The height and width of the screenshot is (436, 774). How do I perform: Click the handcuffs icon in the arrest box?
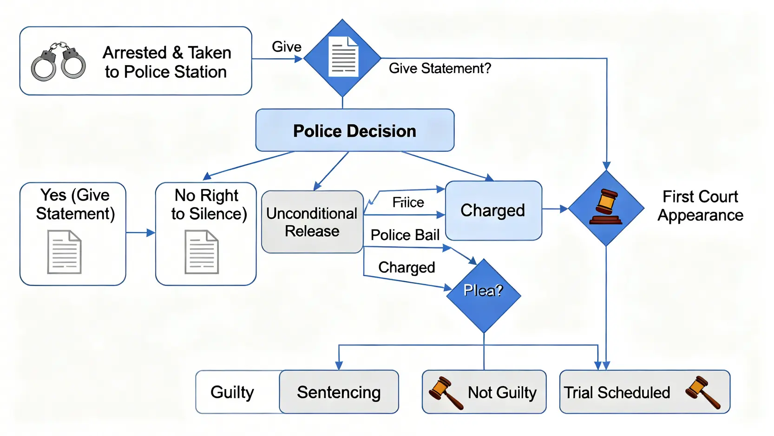59,61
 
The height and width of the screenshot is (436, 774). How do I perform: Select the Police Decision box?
354,131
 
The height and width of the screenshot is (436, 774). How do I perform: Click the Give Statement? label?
439,68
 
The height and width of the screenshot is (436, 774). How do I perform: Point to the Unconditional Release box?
312,222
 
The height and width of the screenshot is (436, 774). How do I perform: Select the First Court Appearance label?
700,206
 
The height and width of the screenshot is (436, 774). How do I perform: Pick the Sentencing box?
339,392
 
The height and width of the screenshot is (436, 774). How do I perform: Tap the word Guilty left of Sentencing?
232,392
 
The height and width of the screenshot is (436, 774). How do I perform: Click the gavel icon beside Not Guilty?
445,393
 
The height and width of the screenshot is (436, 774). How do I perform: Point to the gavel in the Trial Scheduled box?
702,392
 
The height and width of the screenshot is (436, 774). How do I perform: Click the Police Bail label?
405,235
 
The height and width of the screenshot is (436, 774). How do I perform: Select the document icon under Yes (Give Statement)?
65,252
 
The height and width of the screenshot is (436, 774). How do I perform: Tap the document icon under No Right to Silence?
202,252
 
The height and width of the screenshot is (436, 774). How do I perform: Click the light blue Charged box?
493,210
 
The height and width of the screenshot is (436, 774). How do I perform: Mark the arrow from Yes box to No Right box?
140,232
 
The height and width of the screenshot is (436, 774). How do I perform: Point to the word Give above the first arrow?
286,47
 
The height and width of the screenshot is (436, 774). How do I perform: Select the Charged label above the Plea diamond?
407,268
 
